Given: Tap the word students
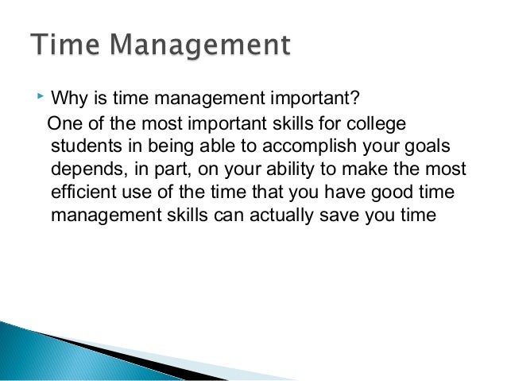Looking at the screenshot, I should [83, 147].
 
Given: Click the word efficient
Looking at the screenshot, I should [83, 192].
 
